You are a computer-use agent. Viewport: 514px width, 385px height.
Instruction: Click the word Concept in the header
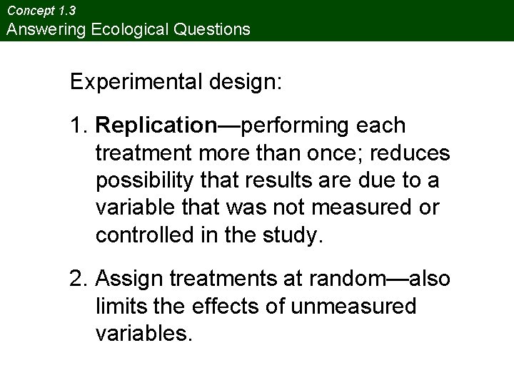27,11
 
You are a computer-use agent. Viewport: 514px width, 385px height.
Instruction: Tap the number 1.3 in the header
66,11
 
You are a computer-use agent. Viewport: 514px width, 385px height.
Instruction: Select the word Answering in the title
40,29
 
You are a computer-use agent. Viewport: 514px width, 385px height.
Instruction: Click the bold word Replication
155,125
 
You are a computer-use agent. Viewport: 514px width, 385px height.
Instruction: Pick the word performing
294,126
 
